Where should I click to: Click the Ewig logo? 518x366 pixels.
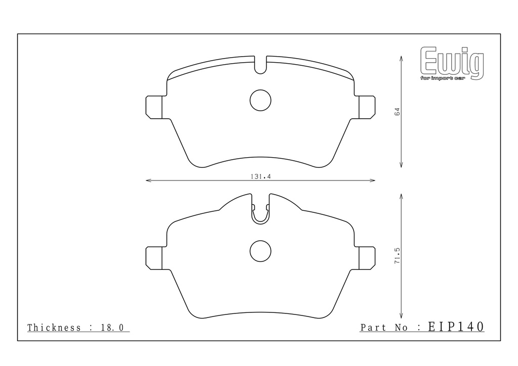point(452,63)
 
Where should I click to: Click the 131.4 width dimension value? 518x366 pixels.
point(261,177)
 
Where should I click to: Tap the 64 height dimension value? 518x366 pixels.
point(397,112)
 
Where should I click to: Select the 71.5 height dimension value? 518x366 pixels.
point(397,255)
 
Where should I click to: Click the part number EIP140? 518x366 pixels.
point(456,327)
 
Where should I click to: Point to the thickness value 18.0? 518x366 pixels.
point(112,328)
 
